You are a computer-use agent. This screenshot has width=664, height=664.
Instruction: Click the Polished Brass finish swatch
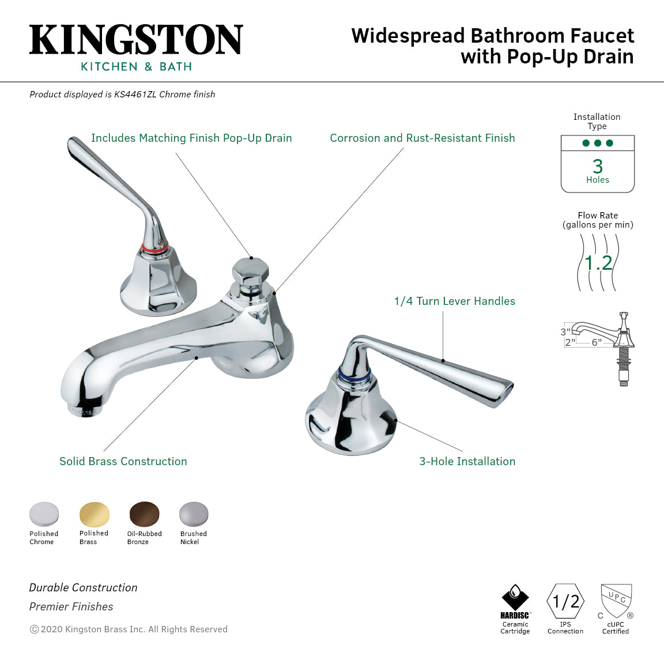tap(94, 514)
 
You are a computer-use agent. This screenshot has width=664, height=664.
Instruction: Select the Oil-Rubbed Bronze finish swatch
tap(144, 514)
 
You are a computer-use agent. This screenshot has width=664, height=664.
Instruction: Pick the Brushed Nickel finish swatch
tap(193, 514)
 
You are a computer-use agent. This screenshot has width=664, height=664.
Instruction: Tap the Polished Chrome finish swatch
tap(44, 514)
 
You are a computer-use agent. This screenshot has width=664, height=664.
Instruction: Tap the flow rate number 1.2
tap(598, 263)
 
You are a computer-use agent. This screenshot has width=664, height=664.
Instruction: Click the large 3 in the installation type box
tap(598, 167)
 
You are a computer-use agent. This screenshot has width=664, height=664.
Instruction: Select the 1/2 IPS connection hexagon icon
tap(565, 602)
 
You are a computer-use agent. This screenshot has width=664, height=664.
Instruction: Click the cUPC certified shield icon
tap(616, 601)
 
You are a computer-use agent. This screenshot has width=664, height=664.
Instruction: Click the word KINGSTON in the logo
tap(136, 40)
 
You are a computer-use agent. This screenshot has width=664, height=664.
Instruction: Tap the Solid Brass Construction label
tap(123, 461)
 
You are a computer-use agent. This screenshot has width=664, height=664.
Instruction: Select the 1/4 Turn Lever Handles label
tap(454, 301)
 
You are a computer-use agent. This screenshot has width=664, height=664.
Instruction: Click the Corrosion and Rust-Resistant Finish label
tap(422, 138)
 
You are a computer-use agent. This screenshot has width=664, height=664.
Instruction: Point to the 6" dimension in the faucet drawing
tap(597, 342)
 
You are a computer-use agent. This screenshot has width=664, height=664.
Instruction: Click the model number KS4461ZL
tap(135, 95)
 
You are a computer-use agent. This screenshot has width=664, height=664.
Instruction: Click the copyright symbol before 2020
tap(34, 629)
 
